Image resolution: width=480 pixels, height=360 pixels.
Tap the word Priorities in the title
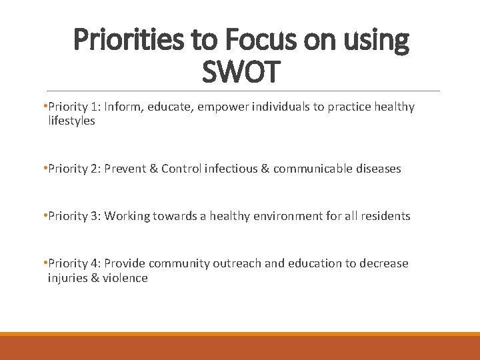(126, 41)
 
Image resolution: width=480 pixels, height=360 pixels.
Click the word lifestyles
(71, 121)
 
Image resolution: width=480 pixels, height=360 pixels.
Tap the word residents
(386, 216)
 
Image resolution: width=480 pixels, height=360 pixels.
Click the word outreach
(237, 263)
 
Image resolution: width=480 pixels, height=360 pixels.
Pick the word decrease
(384, 263)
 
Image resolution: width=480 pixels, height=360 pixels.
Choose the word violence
(125, 278)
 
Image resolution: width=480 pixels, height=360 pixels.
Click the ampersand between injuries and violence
(94, 278)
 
